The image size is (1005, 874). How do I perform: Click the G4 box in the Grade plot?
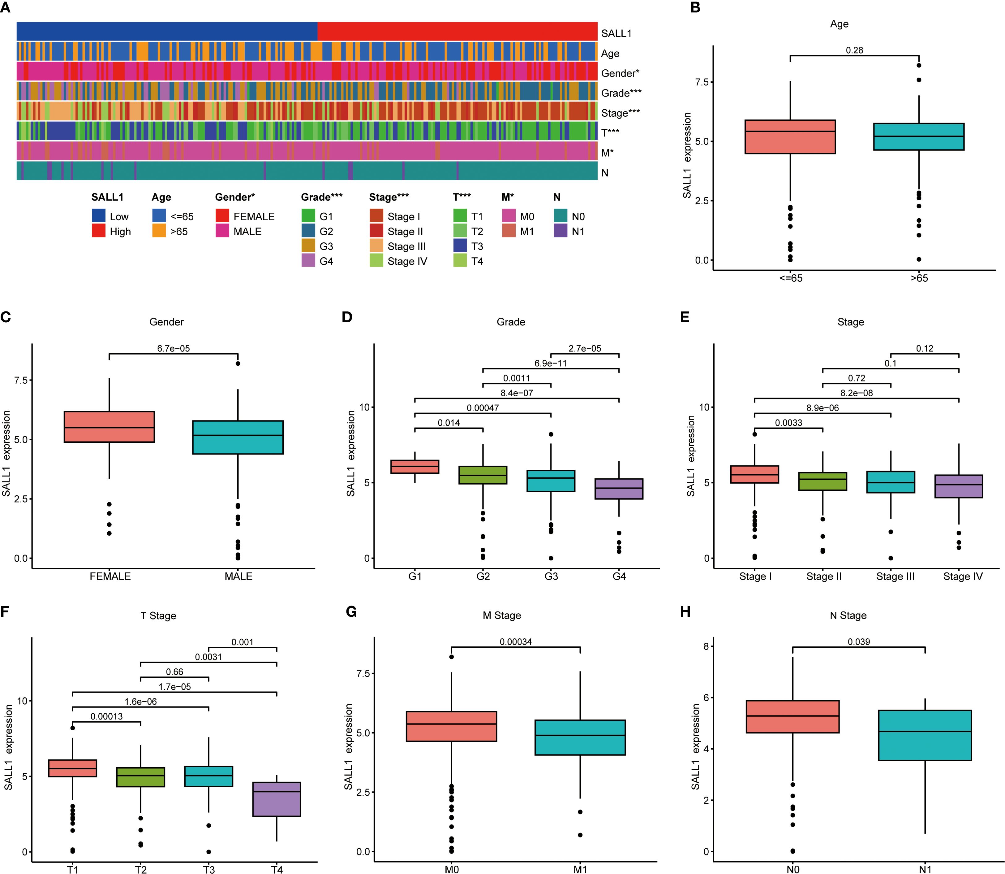[x=619, y=489]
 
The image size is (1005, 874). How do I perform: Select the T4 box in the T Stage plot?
[x=277, y=799]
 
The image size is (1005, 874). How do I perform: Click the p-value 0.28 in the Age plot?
[x=854, y=50]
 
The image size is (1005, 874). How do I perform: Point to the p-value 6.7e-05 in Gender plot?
[x=174, y=348]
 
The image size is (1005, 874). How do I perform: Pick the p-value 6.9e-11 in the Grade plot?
[x=550, y=363]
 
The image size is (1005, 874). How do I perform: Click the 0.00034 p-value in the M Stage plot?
[x=516, y=642]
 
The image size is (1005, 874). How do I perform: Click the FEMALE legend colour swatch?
[x=222, y=216]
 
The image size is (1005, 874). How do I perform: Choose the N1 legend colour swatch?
[x=560, y=231]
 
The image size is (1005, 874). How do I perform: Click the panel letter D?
[x=347, y=318]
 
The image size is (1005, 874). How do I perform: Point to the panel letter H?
[x=685, y=611]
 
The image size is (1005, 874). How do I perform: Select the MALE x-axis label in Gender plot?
[x=238, y=576]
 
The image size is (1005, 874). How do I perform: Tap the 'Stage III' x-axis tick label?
[x=895, y=576]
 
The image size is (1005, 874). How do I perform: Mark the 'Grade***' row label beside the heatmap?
[x=621, y=93]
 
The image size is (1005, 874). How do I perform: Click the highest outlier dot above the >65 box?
[x=919, y=65]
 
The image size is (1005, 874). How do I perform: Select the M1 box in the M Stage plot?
[x=580, y=737]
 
